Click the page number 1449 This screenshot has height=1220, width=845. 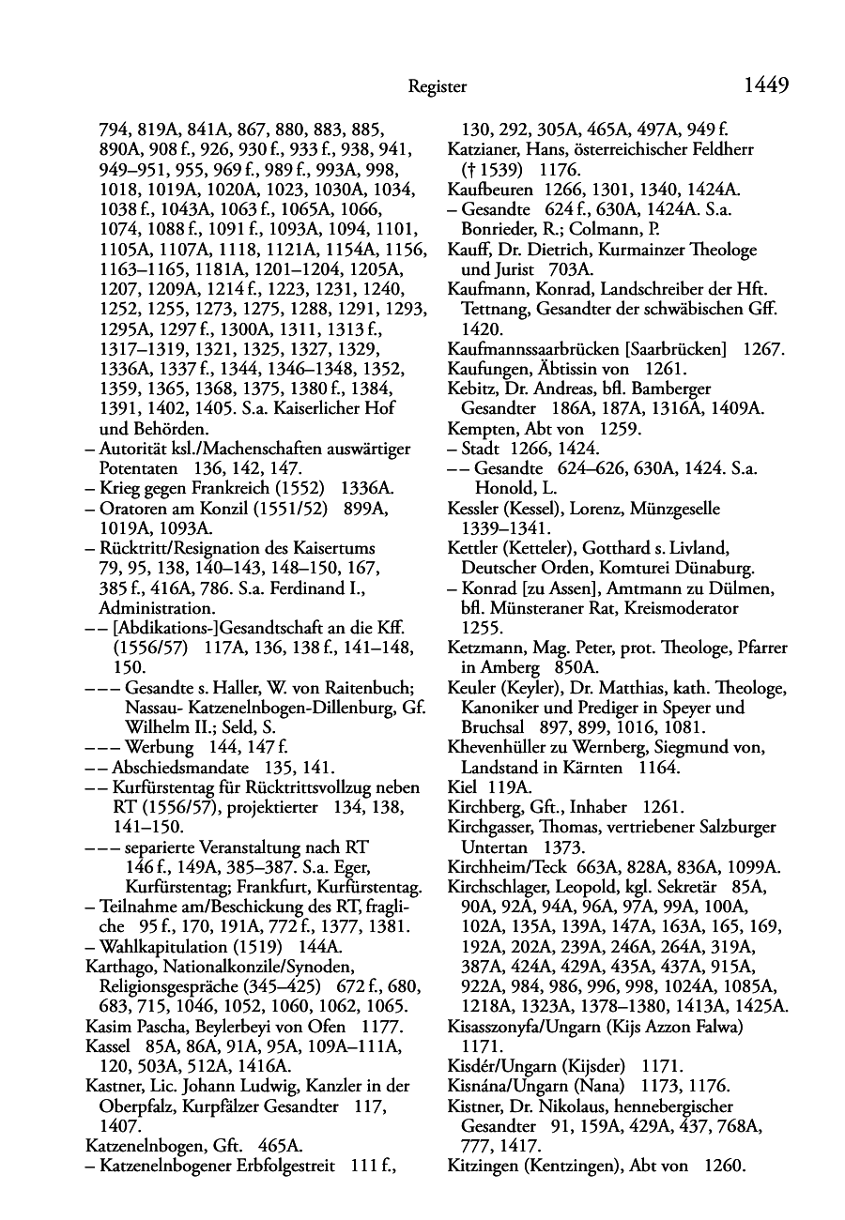tap(765, 86)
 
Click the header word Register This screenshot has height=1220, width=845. tap(438, 87)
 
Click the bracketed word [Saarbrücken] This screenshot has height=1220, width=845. tap(674, 350)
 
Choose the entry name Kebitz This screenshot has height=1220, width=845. tap(472, 389)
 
